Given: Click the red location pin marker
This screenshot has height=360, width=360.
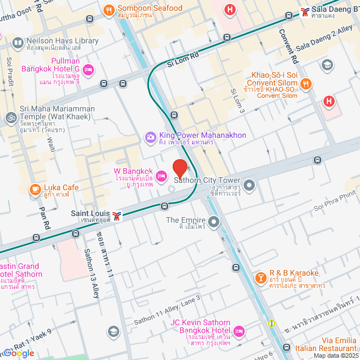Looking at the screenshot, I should click(x=179, y=169).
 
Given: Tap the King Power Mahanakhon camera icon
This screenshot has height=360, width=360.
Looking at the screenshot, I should click(x=150, y=136).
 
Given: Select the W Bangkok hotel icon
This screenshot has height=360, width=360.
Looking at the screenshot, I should click(x=161, y=177).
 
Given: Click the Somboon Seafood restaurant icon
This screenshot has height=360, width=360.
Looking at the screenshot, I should click(x=109, y=9).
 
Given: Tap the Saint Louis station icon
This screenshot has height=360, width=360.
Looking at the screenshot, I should click(x=116, y=215).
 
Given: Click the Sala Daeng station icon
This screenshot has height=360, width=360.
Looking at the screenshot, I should click(x=304, y=10).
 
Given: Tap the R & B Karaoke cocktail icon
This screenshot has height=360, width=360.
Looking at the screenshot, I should click(x=260, y=278).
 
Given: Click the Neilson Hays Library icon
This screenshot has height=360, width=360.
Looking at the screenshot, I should click(x=17, y=43).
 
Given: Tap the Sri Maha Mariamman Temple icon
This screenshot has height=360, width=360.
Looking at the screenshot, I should click(x=10, y=118).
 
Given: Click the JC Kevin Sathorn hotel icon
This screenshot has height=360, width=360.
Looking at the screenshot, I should click(x=238, y=330).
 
